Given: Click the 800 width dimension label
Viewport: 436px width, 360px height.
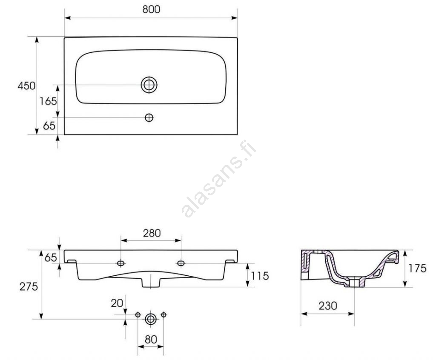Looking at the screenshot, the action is click(151, 9).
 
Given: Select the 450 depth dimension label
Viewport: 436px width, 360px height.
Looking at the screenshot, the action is click(26, 86).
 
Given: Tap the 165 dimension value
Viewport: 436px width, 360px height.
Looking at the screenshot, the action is click(48, 101).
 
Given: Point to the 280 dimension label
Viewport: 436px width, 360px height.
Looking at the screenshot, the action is click(152, 233).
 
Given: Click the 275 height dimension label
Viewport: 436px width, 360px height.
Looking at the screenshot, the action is click(29, 287).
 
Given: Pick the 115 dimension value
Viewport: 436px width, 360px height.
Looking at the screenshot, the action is click(260, 276).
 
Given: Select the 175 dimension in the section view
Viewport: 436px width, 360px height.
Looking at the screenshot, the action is click(417, 268).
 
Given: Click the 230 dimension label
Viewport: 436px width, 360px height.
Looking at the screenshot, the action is click(328, 306).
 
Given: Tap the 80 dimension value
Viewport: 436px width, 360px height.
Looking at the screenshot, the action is click(151, 340).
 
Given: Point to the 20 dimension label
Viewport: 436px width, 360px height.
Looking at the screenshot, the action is click(117, 303).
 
